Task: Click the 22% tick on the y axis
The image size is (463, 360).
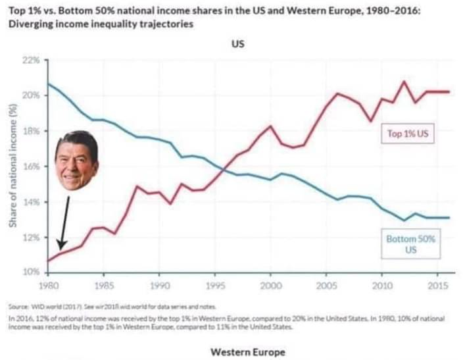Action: tap(32, 60)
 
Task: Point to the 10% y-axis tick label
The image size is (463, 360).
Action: tap(32, 272)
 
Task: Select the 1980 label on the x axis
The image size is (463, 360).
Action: tap(48, 286)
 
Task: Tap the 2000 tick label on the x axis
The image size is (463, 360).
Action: tap(270, 286)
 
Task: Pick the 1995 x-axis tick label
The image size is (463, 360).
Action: tap(215, 286)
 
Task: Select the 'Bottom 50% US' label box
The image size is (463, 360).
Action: tap(410, 244)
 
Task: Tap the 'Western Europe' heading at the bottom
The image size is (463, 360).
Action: tap(248, 352)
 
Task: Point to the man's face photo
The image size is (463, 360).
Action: tap(76, 161)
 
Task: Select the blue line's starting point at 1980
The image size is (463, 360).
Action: tap(48, 84)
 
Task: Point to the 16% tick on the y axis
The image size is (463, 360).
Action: tap(32, 166)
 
